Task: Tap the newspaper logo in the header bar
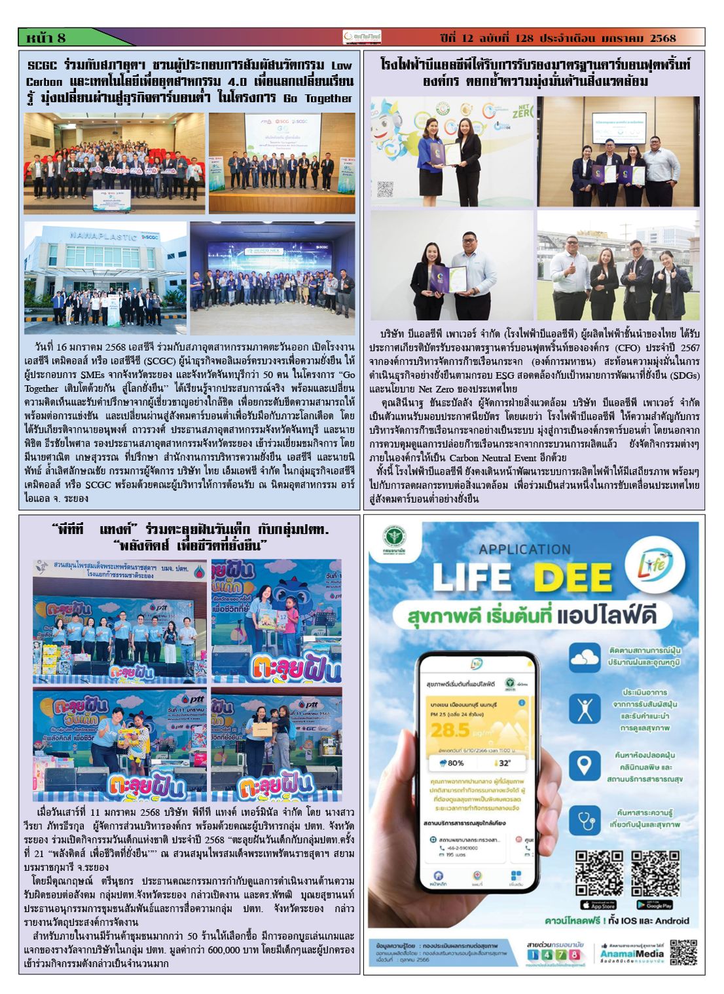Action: (x=361, y=37)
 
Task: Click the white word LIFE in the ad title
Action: (x=471, y=577)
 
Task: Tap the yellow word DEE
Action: (x=572, y=577)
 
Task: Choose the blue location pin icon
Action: (x=583, y=764)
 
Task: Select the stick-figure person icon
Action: (x=584, y=710)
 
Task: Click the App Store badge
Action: (x=598, y=906)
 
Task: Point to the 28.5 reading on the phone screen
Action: (x=450, y=730)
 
